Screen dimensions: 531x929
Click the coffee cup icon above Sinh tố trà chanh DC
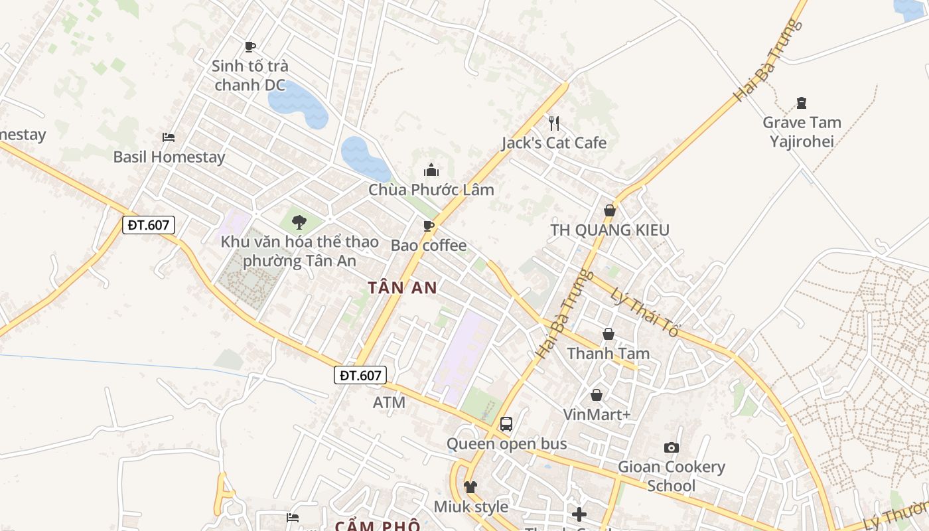pos(250,46)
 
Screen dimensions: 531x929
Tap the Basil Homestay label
pos(169,157)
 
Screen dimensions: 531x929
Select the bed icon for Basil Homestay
pos(169,137)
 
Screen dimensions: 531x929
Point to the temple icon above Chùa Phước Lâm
pos(431,171)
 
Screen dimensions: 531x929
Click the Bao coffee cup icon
pos(429,226)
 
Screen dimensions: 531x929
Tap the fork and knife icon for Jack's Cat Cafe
pos(554,123)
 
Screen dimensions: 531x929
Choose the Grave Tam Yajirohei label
pos(802,131)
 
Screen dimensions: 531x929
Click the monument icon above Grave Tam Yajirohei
pos(802,103)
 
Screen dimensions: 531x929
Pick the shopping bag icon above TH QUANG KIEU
pos(609,210)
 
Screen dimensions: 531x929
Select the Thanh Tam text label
pos(608,354)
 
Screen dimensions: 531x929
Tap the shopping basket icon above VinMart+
pos(597,395)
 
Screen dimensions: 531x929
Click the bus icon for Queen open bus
pos(506,423)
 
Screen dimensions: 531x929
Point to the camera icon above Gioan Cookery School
pos(672,448)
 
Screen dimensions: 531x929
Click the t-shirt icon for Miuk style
pos(470,487)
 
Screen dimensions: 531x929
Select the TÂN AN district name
pos(403,287)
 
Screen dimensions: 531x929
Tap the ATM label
pos(389,402)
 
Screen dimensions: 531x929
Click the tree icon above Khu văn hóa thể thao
pos(299,222)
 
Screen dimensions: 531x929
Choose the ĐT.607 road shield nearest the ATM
pos(360,375)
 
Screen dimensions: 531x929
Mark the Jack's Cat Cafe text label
pos(554,143)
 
